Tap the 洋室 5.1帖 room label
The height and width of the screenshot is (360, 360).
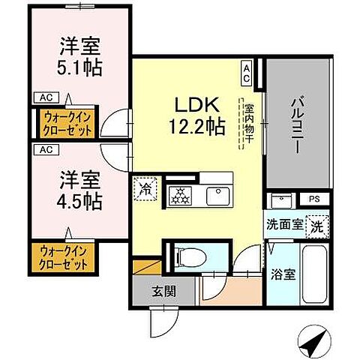(x=82, y=56)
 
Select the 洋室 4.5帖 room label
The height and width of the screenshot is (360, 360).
(x=82, y=191)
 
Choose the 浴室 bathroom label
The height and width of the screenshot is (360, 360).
(x=283, y=274)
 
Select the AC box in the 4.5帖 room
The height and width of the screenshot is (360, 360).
(x=44, y=148)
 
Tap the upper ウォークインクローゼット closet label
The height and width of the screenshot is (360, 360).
(x=64, y=123)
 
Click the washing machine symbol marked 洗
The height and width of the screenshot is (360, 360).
(x=318, y=224)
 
